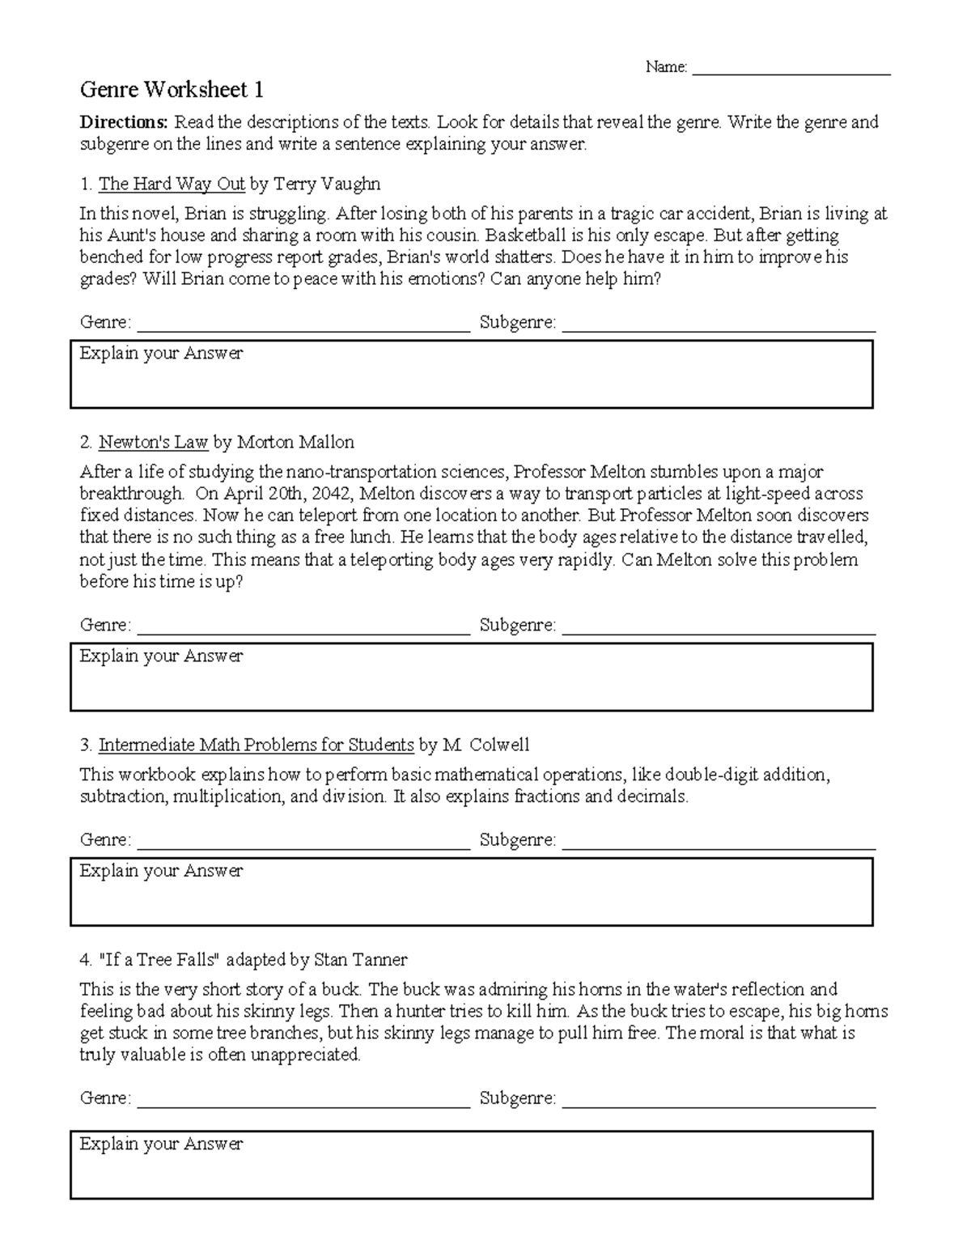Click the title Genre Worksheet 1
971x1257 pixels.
171,89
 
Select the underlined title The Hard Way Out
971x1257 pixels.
172,185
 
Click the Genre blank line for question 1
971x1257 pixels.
303,327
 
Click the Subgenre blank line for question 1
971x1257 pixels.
719,327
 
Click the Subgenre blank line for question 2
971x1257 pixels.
719,630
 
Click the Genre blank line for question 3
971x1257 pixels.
303,845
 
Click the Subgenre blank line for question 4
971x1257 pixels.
719,1102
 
